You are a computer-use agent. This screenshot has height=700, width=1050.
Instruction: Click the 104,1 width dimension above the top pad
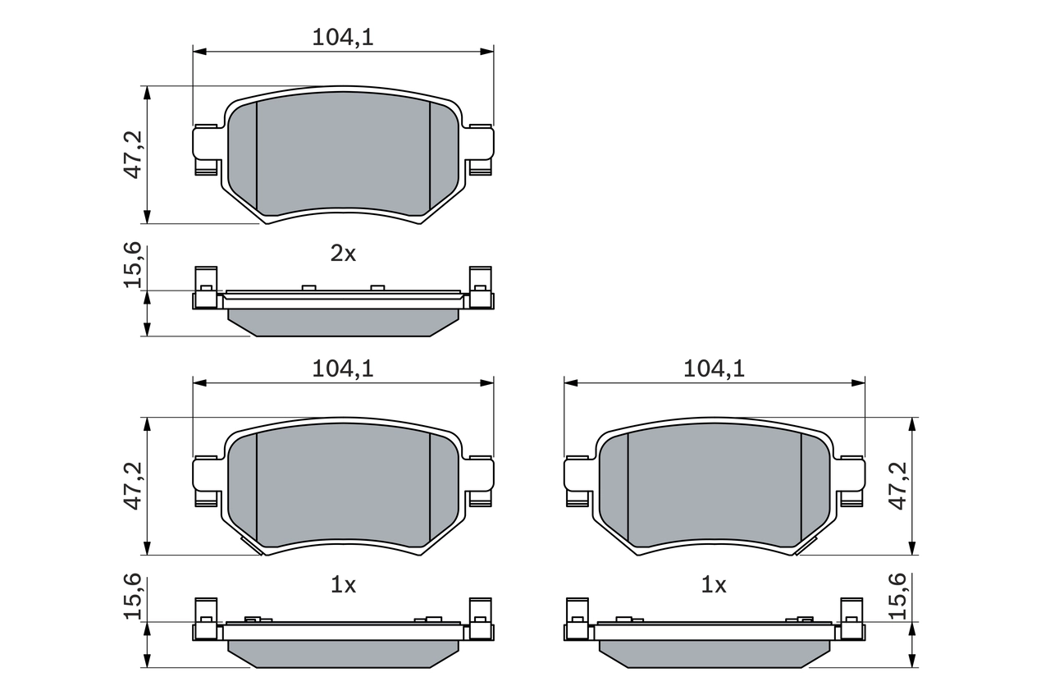coord(343,37)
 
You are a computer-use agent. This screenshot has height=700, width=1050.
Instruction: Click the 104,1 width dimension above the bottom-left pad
coord(343,369)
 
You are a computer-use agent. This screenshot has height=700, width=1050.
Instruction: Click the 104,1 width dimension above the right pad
coord(714,369)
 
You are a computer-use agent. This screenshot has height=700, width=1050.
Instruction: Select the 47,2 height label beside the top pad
coord(135,153)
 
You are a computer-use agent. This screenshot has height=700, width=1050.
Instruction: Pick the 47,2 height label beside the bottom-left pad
coord(135,485)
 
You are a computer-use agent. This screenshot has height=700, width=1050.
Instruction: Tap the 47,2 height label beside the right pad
coord(899,485)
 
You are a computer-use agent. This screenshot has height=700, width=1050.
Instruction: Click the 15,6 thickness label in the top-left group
coord(135,265)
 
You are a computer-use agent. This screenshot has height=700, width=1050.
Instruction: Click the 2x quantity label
coord(343,254)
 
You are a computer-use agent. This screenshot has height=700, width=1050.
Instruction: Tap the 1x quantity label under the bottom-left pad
coord(343,586)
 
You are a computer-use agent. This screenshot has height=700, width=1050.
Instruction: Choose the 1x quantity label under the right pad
coord(714,586)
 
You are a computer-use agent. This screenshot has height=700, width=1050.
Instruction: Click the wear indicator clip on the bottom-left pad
coord(251,546)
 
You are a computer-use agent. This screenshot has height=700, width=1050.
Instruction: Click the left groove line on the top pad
coord(257,156)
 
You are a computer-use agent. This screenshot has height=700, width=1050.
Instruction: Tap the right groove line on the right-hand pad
coord(801,488)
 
